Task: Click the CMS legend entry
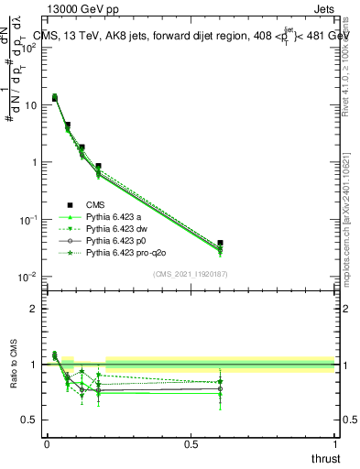tap(95, 204)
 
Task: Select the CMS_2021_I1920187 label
tap(190, 274)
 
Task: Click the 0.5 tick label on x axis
tap(190, 443)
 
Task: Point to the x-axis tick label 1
tap(334, 443)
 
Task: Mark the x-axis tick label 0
tap(46, 443)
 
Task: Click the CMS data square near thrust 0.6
tap(219, 243)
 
